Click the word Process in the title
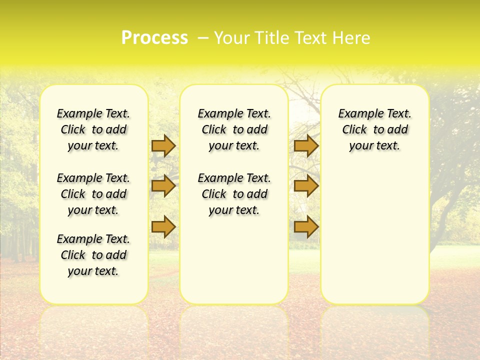tap(154, 38)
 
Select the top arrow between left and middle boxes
tap(163, 145)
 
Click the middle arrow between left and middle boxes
tap(163, 186)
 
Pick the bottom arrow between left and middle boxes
tap(163, 227)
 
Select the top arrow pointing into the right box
tap(306, 145)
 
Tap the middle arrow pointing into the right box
tap(306, 186)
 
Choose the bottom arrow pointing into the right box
tap(306, 227)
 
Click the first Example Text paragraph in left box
tap(93, 129)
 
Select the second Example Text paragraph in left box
tap(93, 194)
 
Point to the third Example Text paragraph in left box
tap(93, 255)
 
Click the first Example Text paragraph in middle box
tap(234, 129)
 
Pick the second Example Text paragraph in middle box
tap(234, 194)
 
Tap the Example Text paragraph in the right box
tap(374, 129)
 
